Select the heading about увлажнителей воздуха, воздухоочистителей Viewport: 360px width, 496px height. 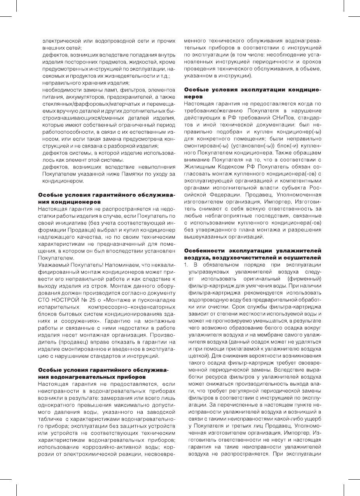pos(252,254)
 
